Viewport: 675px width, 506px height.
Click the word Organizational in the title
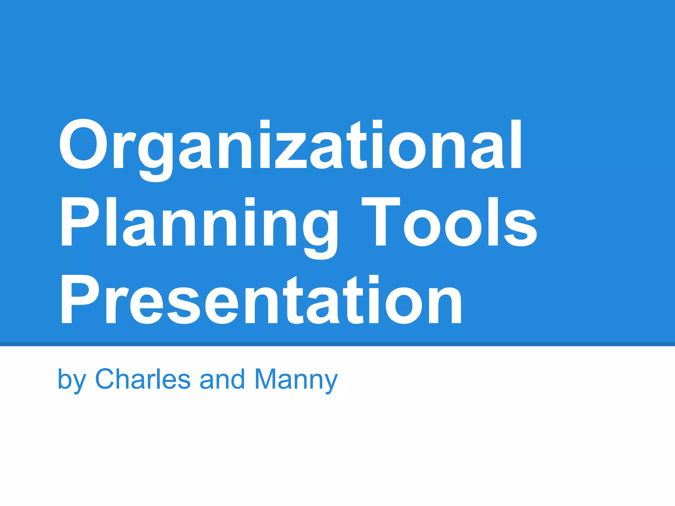(290, 145)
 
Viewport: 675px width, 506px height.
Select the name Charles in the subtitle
(143, 379)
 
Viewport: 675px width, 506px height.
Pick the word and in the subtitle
(222, 379)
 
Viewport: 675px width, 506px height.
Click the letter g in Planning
(320, 231)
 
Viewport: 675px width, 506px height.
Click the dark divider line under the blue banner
(337, 344)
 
